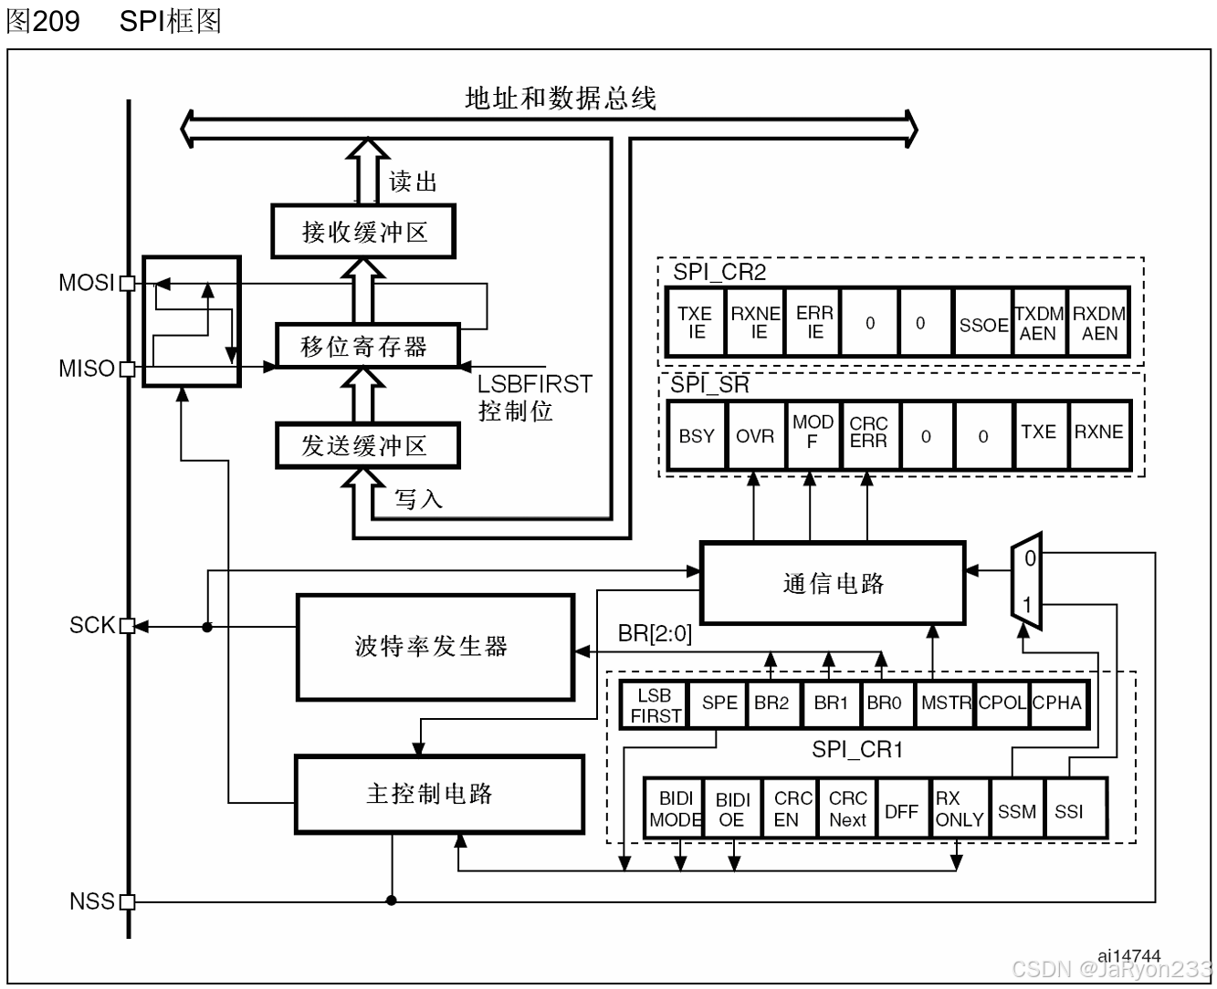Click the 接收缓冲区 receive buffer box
[x=363, y=232]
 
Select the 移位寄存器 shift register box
[x=365, y=346]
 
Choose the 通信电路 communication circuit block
[x=832, y=583]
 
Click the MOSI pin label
[x=86, y=283]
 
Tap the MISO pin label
[x=86, y=369]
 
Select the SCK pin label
[x=91, y=625]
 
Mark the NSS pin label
[x=91, y=901]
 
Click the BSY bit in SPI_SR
[x=697, y=436]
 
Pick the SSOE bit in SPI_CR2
[x=982, y=324]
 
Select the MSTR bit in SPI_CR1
[x=946, y=703]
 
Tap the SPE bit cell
[x=719, y=703]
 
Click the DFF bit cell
[x=901, y=811]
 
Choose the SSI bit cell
[x=1069, y=811]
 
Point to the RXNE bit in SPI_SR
[x=1098, y=432]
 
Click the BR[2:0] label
[x=655, y=633]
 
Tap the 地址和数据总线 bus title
[x=561, y=99]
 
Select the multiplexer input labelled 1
[x=1027, y=604]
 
